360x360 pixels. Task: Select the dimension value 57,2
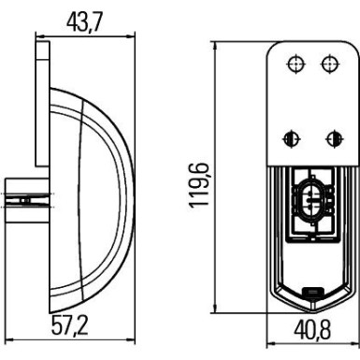[74, 327]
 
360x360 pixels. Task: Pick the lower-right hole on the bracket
[330, 137]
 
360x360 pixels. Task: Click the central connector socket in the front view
[312, 200]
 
